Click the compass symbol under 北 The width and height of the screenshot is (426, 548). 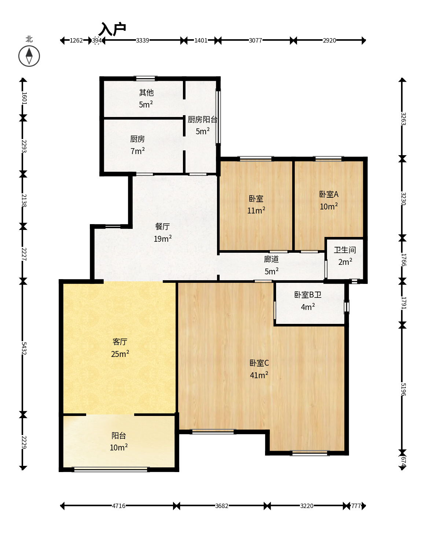(29, 56)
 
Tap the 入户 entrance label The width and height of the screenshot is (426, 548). (113, 29)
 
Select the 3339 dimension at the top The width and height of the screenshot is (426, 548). (142, 40)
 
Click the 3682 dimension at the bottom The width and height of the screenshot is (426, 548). (221, 505)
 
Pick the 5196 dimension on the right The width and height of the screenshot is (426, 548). (403, 390)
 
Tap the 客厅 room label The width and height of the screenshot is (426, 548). (120, 342)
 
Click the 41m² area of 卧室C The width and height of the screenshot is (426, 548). (259, 375)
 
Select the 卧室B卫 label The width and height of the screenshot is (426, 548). (308, 295)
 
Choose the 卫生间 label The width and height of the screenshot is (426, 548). (345, 250)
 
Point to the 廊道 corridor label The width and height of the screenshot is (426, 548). (271, 259)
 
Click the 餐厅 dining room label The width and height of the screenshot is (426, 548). (162, 226)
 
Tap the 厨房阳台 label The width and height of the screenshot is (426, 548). (202, 120)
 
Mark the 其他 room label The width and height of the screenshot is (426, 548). (146, 92)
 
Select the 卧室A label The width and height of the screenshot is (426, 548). (329, 194)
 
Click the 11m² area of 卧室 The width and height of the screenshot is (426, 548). (256, 210)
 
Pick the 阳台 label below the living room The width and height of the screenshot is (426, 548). (119, 435)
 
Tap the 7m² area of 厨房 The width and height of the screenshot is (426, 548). (137, 151)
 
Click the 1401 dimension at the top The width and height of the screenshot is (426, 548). (201, 40)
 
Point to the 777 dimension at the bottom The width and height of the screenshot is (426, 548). (356, 505)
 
